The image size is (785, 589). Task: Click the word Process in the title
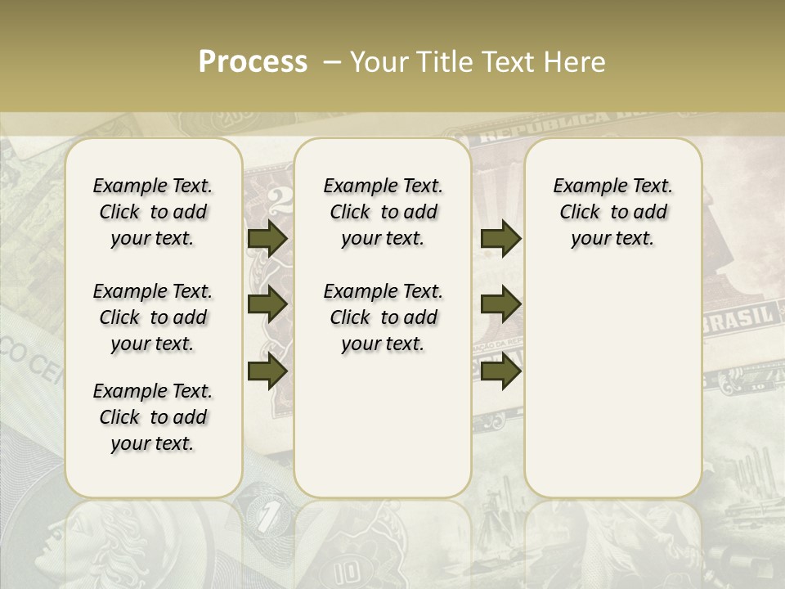tap(253, 61)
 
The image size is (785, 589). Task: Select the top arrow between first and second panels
tap(267, 238)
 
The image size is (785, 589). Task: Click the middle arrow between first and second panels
tap(267, 304)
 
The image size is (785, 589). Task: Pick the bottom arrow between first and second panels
tap(267, 371)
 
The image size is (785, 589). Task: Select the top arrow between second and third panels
tap(500, 238)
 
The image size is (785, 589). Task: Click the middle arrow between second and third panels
tap(500, 304)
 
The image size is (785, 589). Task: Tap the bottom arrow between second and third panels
tap(500, 371)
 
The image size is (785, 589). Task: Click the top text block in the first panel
tap(153, 212)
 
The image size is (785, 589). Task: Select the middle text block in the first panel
tap(153, 317)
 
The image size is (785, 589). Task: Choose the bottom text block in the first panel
tap(153, 417)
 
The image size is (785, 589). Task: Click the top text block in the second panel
tap(383, 212)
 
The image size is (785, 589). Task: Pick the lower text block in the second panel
tap(383, 317)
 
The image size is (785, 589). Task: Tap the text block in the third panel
tap(612, 212)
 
